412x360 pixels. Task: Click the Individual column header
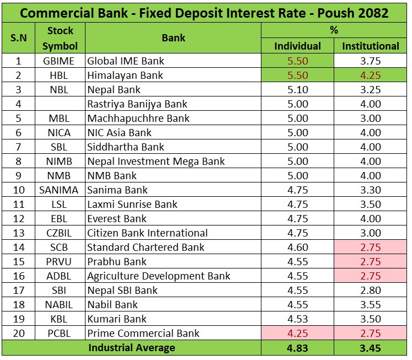[x=297, y=46]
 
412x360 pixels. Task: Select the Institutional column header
[x=370, y=46]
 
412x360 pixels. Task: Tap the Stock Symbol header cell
[x=60, y=38]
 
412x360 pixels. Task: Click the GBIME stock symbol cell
[x=60, y=61]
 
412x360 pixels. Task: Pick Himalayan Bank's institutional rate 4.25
[x=370, y=76]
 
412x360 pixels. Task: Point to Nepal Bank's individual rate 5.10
[x=297, y=90]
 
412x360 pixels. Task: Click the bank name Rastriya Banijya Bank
[x=137, y=104]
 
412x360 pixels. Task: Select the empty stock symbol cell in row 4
[x=60, y=104]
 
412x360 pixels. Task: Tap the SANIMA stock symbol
[x=60, y=190]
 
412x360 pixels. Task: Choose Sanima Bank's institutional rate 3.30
[x=370, y=190]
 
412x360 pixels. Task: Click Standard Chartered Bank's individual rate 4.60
[x=297, y=248]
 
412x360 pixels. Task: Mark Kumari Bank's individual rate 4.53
[x=297, y=319]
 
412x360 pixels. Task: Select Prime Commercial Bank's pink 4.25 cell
[x=297, y=334]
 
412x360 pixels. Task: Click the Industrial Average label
[x=131, y=348]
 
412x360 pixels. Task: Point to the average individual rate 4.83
[x=297, y=348]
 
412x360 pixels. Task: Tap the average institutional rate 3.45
[x=370, y=348]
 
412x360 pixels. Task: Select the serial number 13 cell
[x=17, y=233]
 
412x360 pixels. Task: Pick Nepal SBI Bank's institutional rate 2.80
[x=370, y=291]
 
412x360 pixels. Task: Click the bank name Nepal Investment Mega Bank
[x=156, y=162]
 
